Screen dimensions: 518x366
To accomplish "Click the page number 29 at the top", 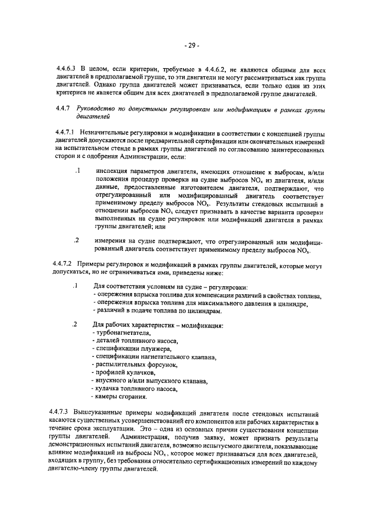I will tap(191, 45).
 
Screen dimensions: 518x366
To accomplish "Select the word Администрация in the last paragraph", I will tap(150, 437).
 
